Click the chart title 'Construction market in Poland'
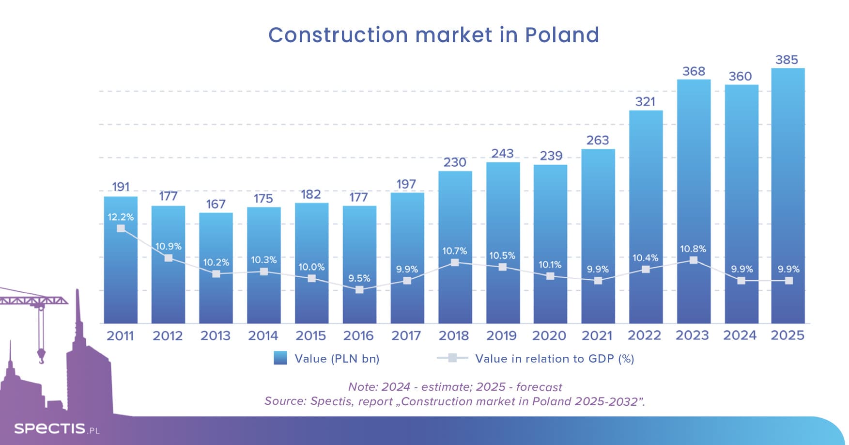(x=433, y=35)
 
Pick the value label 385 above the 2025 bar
(x=787, y=60)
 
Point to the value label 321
(x=645, y=102)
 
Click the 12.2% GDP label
(x=121, y=217)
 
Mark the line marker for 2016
(x=359, y=290)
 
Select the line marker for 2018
(x=455, y=263)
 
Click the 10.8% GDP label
(x=693, y=249)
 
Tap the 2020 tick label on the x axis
(x=549, y=335)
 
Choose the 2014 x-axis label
(x=263, y=335)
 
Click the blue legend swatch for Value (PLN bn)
(x=280, y=358)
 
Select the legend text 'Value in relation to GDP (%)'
(x=555, y=359)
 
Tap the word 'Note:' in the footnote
(x=363, y=387)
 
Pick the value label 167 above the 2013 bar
(x=216, y=204)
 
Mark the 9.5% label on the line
(x=359, y=278)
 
